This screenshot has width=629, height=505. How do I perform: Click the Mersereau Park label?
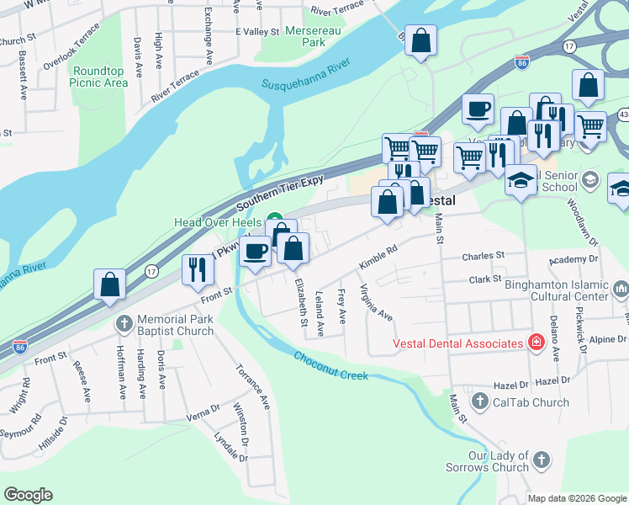[x=302, y=35]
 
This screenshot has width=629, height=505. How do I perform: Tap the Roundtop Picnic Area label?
[x=100, y=77]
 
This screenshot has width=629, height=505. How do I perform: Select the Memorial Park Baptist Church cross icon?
[x=124, y=323]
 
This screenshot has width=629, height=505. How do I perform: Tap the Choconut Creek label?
[x=330, y=364]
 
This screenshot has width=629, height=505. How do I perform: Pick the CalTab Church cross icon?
[x=479, y=401]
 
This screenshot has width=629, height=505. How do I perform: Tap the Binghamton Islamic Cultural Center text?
[x=556, y=291]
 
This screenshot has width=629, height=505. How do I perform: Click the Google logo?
[x=28, y=495]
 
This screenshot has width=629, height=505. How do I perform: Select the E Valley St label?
[x=256, y=31]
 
